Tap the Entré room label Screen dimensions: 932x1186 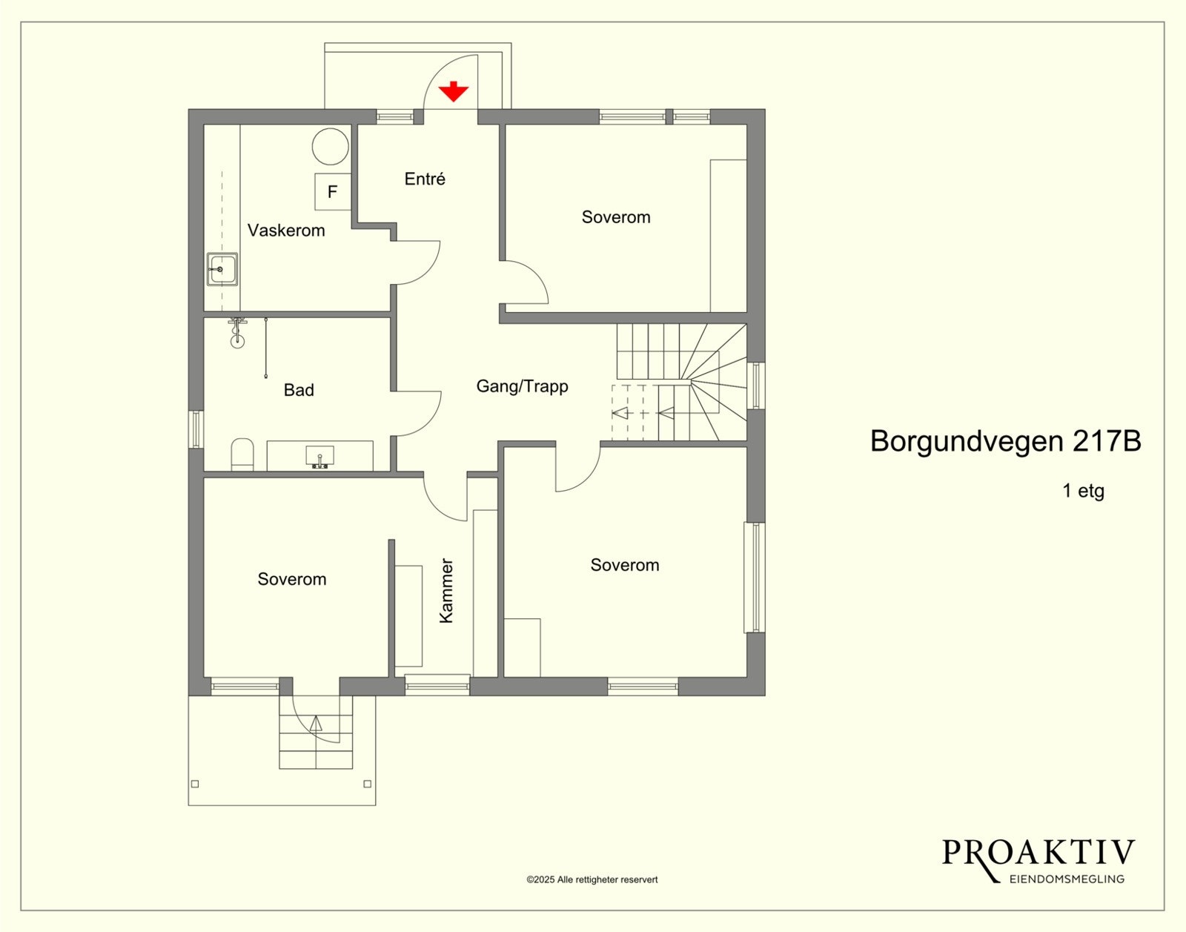tap(425, 179)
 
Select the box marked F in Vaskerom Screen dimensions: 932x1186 tap(332, 192)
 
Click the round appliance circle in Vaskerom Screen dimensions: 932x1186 tap(330, 146)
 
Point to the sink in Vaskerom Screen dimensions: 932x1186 tap(222, 269)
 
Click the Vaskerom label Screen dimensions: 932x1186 tap(286, 231)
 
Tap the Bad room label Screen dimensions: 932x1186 tap(299, 390)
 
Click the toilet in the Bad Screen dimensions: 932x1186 tap(242, 454)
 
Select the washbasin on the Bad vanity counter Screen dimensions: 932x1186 tap(320, 456)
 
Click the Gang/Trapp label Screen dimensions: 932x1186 tap(522, 386)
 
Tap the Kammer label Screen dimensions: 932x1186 tap(446, 590)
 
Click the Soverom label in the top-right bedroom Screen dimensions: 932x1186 tap(616, 217)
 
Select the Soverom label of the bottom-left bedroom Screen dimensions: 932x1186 tap(291, 579)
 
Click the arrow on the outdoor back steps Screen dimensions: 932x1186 tap(317, 724)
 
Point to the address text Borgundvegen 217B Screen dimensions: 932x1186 tap(1005, 441)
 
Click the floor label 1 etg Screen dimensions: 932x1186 tap(1083, 491)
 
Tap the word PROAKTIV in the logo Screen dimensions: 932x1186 tap(1038, 853)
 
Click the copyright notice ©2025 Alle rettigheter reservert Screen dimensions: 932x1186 tap(592, 880)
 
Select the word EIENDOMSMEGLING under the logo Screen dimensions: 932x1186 tap(1067, 879)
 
